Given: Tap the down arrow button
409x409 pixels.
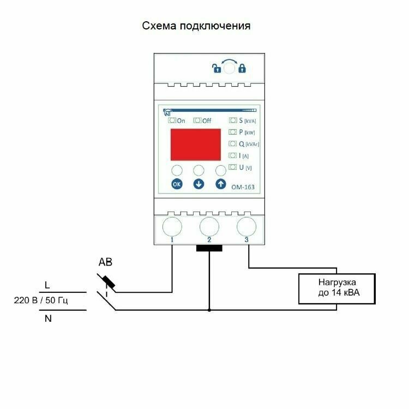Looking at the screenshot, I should [x=199, y=184].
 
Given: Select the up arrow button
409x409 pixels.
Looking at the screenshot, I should [x=220, y=184].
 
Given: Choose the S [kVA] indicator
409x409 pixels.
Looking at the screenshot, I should [x=243, y=121].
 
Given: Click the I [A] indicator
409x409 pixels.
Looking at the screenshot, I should [x=240, y=155].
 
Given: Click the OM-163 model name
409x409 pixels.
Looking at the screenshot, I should [x=244, y=187].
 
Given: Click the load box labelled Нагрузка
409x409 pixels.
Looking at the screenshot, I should [x=337, y=289].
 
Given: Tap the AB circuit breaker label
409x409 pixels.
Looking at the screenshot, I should [x=105, y=263].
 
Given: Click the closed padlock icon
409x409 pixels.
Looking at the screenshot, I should [x=242, y=69].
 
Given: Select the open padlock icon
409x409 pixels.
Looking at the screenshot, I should [x=216, y=69].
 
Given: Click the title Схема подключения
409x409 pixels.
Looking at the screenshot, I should [x=196, y=26].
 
